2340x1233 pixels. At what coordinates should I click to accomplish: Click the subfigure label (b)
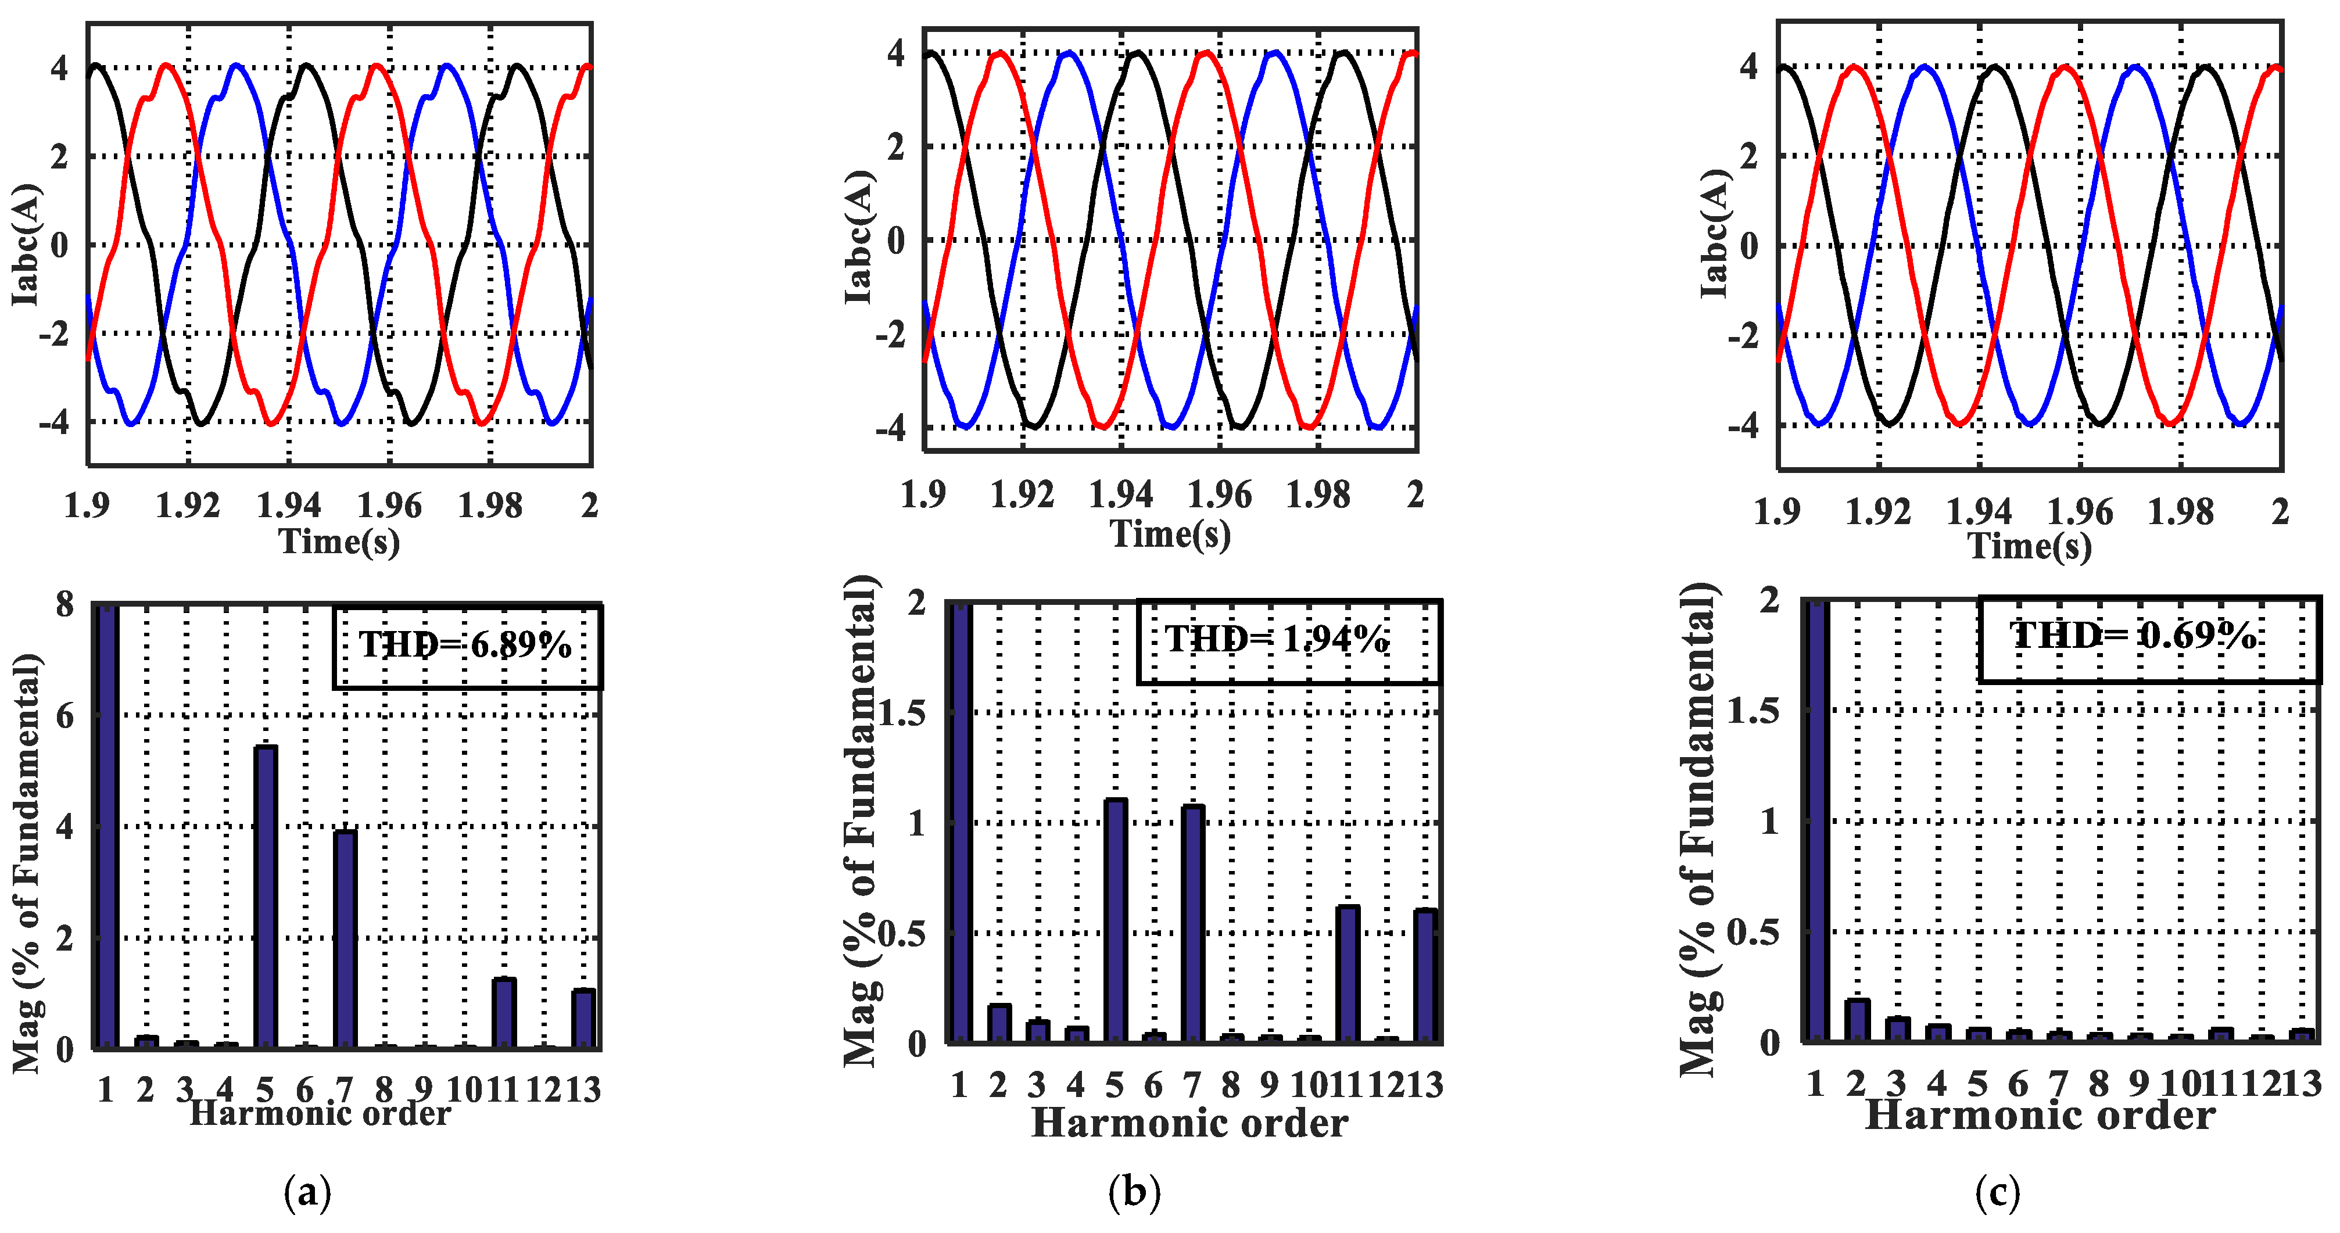point(1135,1191)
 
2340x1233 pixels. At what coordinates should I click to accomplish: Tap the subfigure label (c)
point(1998,1191)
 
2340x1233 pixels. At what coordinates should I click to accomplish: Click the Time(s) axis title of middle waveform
point(1170,534)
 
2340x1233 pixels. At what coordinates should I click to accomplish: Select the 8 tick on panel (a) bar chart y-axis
point(64,604)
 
